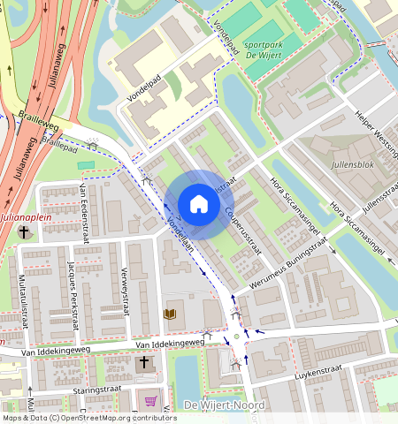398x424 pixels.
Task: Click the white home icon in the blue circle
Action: point(199,204)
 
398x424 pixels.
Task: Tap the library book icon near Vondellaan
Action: point(170,314)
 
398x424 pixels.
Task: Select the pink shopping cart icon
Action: point(150,401)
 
